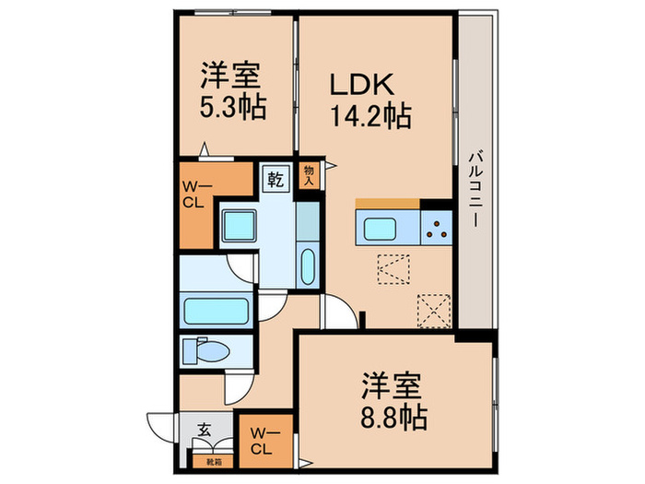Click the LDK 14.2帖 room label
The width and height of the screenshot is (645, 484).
pos(369,102)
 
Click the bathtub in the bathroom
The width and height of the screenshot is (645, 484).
pos(217,308)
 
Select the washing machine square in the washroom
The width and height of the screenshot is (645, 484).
pos(239,225)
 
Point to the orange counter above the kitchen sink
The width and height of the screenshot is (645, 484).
pos(388,204)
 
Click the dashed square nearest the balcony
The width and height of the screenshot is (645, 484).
pos(432,310)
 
